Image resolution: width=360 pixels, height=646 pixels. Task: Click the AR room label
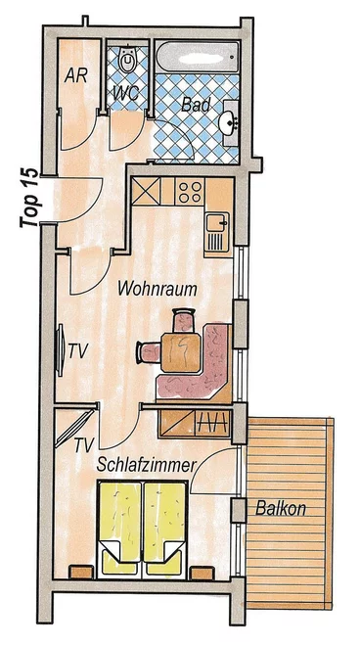point(75,75)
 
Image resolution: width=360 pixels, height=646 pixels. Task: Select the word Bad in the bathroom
point(196,105)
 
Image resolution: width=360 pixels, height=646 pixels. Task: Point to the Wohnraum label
point(157,289)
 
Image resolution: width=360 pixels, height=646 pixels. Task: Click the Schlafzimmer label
point(146,465)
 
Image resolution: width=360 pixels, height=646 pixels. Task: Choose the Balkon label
point(281,508)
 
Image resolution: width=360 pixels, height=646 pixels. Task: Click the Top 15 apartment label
point(29,198)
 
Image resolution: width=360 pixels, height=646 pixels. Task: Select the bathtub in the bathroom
point(198,56)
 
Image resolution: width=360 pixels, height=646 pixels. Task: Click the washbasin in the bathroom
point(230,122)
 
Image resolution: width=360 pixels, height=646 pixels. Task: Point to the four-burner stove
point(190,192)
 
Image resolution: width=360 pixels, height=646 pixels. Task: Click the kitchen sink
point(217,232)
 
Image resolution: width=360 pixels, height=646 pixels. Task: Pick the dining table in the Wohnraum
point(181,352)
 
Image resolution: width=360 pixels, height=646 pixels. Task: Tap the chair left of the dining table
point(149,353)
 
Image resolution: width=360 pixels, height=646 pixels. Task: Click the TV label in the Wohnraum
point(78,351)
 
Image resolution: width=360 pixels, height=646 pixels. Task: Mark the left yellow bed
point(120,529)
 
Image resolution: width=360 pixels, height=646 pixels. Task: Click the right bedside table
point(202,573)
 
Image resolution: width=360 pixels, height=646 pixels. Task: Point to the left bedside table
point(81,573)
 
